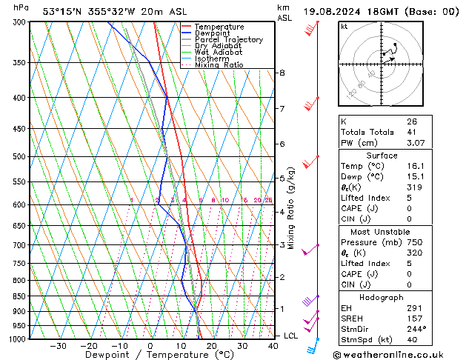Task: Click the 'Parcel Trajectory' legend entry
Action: point(228,39)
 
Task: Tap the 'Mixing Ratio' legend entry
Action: point(219,65)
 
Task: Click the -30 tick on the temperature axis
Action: point(58,346)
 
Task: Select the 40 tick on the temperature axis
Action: point(273,346)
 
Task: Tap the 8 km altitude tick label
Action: point(282,73)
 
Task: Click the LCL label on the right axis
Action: point(291,336)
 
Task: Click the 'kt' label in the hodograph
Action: point(344,27)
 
